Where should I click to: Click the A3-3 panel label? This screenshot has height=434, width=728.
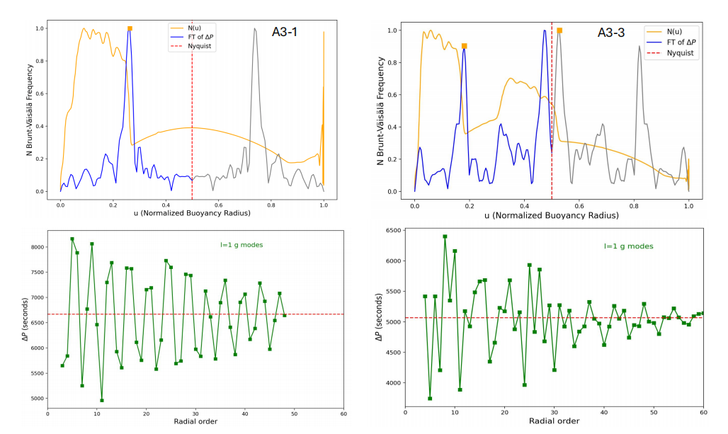click(611, 33)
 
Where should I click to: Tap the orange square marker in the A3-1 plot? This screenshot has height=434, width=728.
click(130, 29)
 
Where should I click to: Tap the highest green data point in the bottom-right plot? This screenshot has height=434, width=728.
click(445, 236)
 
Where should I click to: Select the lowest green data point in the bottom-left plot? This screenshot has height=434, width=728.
click(101, 400)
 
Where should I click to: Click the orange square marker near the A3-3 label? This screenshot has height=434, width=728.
click(559, 30)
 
